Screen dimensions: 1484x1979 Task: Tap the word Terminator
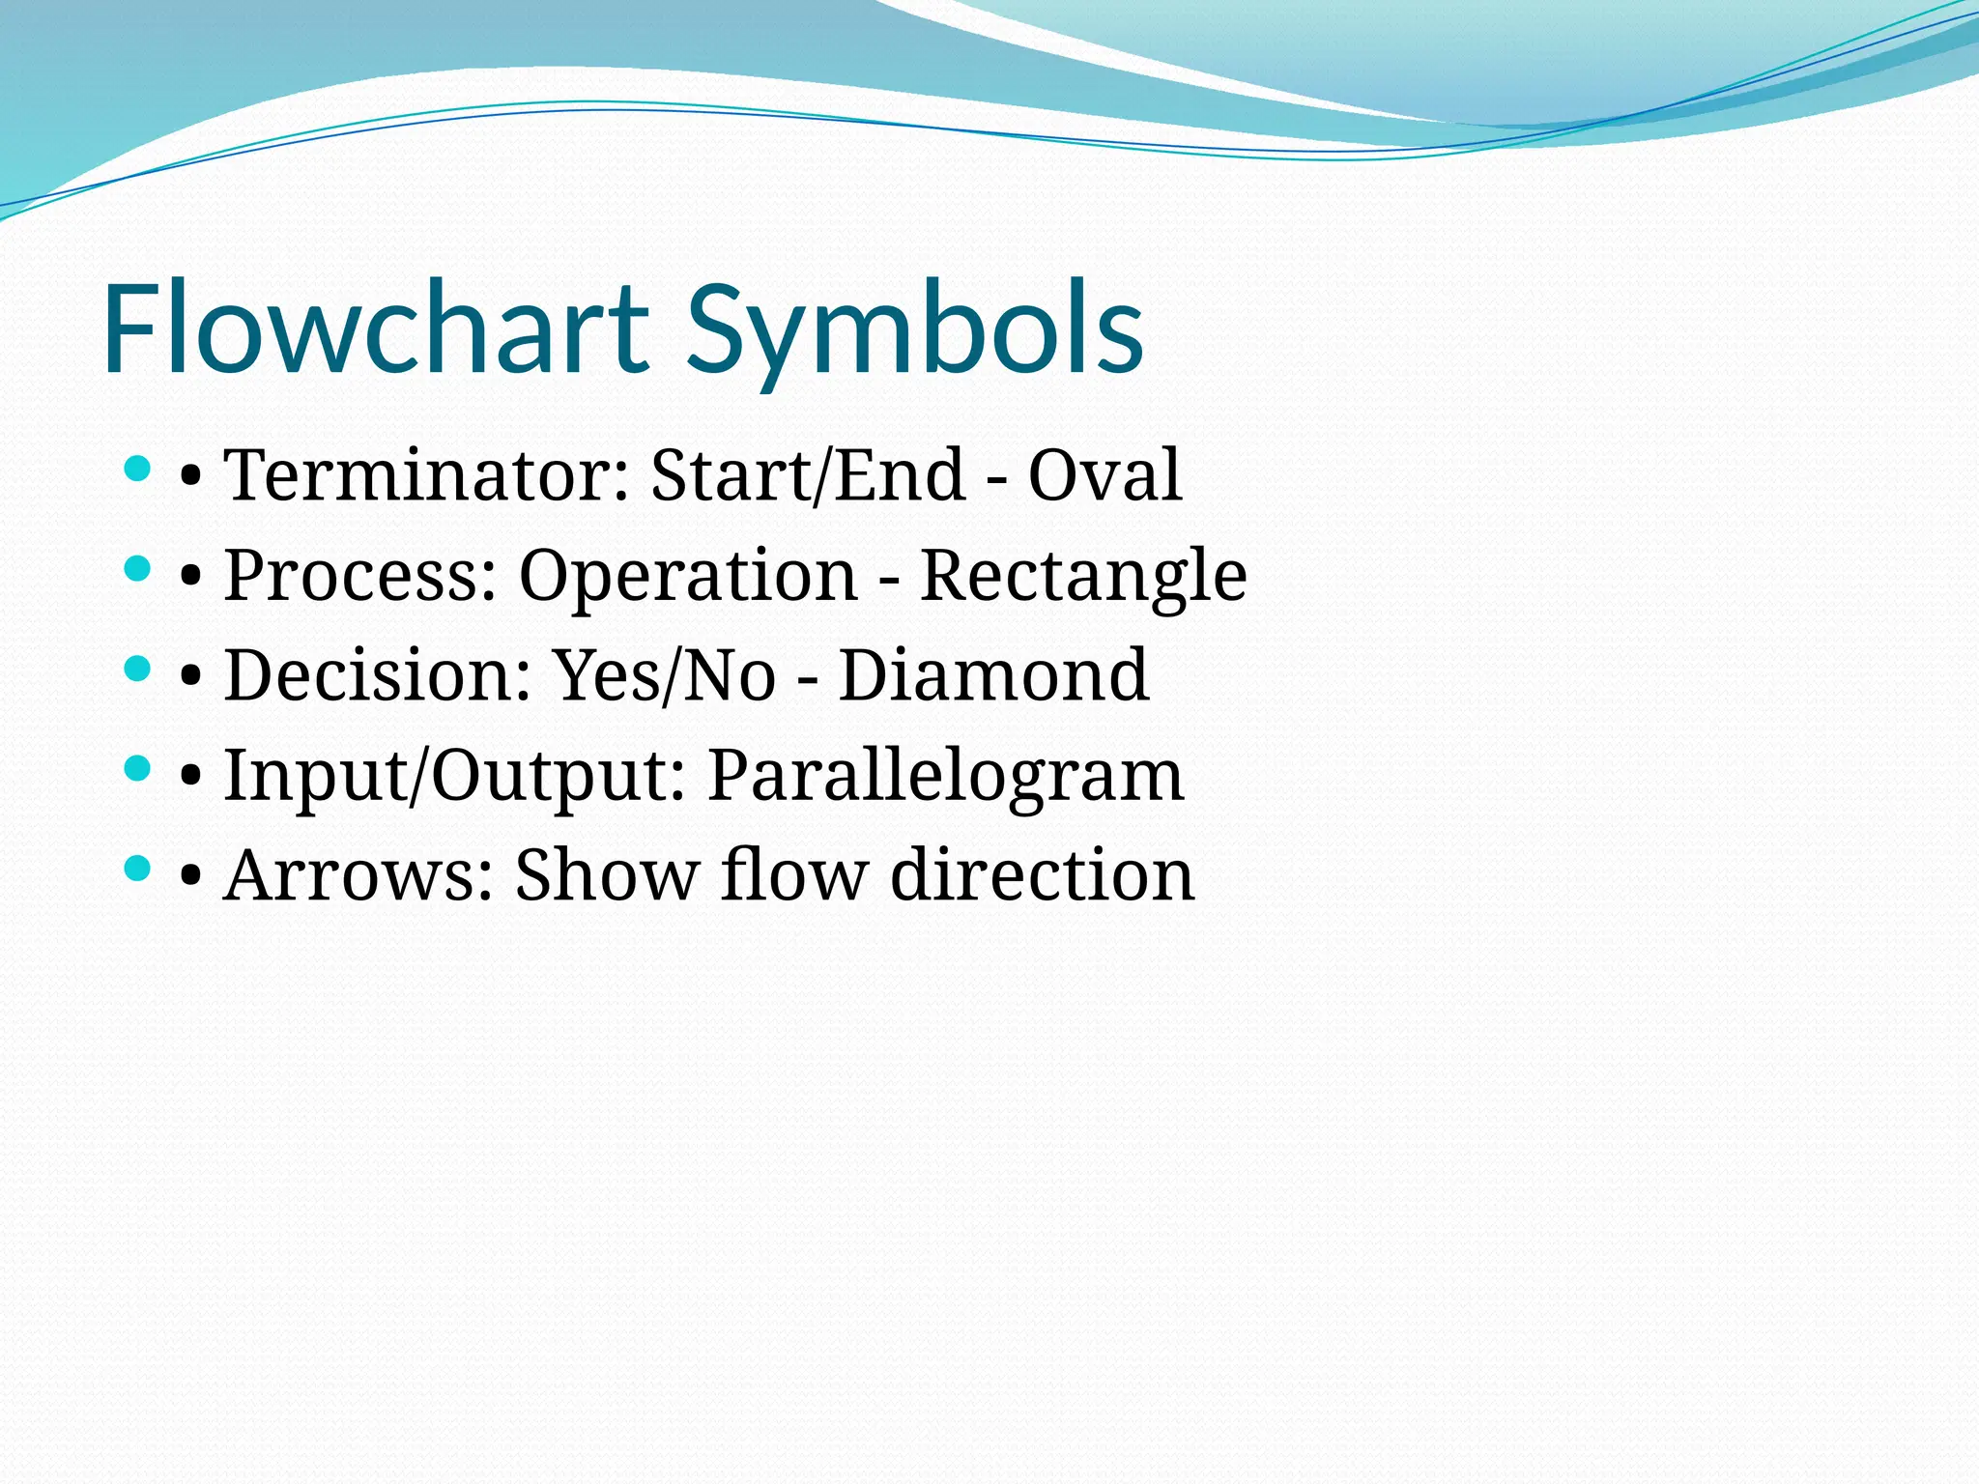click(426, 475)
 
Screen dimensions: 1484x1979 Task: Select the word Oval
click(1104, 475)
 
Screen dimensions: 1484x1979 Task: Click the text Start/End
click(808, 475)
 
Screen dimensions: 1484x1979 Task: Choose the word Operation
click(688, 576)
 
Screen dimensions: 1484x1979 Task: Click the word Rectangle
click(1082, 576)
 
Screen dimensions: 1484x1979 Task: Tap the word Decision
click(378, 675)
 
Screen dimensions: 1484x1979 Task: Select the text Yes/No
click(664, 675)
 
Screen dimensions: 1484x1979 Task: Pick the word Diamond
click(993, 675)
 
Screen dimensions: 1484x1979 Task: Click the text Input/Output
click(455, 776)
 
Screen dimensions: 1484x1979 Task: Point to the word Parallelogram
click(945, 776)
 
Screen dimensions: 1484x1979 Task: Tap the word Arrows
click(359, 875)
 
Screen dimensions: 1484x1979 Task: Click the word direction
click(1042, 875)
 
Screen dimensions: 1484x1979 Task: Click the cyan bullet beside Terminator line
click(138, 470)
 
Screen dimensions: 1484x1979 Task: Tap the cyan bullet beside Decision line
click(138, 670)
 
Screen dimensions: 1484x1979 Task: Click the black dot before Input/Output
click(191, 778)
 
